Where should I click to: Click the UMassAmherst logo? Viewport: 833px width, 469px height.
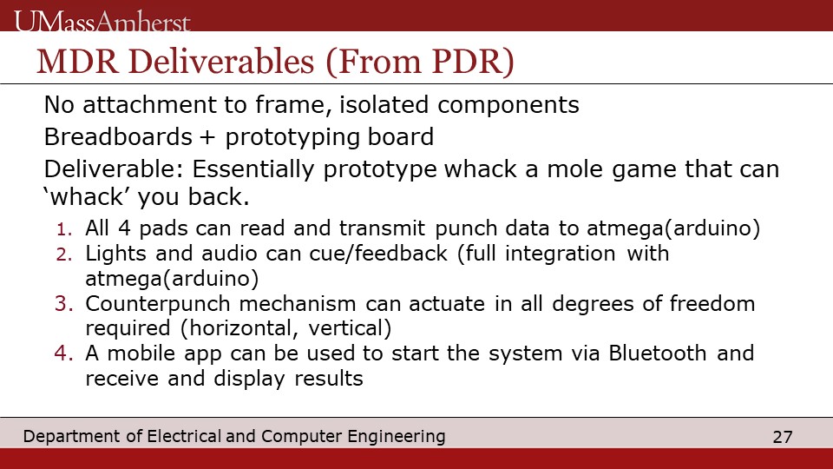[102, 21]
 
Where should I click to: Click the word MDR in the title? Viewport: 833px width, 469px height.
[77, 61]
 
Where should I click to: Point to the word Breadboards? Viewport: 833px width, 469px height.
[118, 136]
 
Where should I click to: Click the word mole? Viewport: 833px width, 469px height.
[575, 169]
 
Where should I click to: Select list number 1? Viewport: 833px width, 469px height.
[64, 229]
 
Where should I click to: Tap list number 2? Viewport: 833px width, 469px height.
[63, 254]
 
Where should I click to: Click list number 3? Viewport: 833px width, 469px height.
[63, 304]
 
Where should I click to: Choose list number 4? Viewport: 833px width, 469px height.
[63, 353]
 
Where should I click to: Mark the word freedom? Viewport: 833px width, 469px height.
[712, 304]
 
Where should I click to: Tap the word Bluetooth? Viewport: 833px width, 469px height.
[657, 353]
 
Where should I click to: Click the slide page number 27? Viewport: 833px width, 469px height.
[783, 437]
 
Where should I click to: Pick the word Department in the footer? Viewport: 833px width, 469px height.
[72, 437]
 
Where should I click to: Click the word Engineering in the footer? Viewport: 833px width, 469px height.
[397, 437]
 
